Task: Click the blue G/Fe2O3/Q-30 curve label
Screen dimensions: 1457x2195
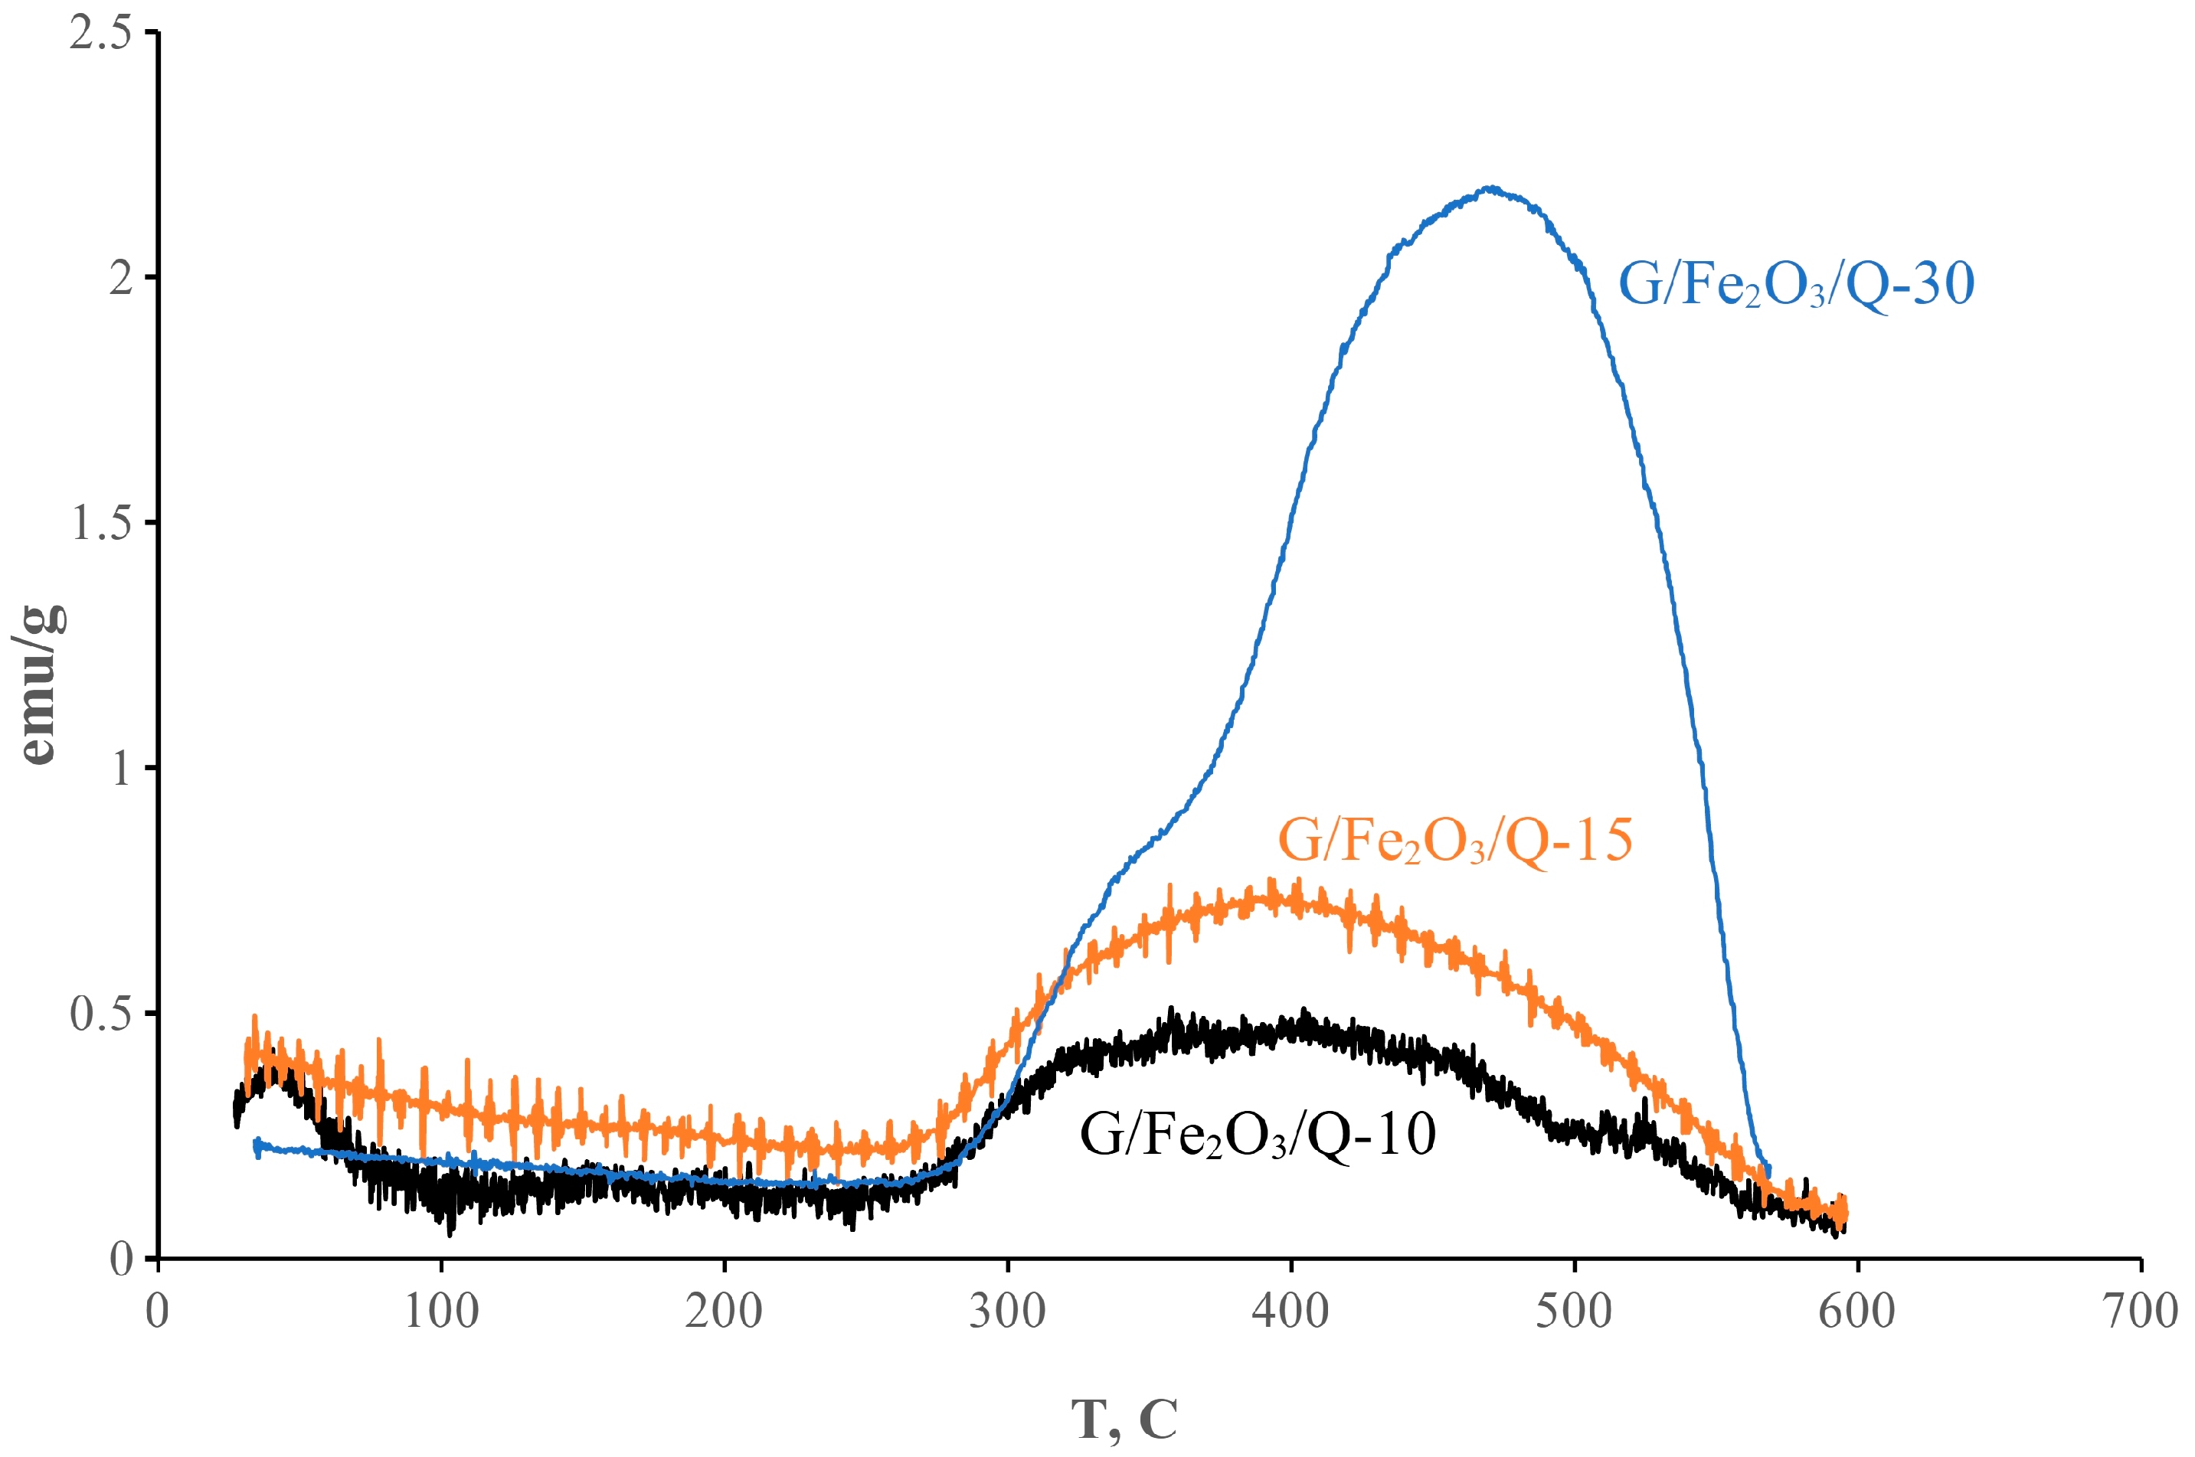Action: point(1795,284)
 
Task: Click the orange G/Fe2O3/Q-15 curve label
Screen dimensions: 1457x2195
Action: point(1454,841)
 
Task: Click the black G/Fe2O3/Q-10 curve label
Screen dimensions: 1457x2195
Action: point(1258,1135)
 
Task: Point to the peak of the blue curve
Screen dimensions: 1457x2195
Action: point(1490,188)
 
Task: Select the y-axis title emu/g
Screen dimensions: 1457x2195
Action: point(39,684)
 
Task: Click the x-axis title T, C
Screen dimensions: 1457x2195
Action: point(1124,1419)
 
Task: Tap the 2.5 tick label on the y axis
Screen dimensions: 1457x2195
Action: point(100,34)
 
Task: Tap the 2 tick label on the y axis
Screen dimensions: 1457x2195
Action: point(121,278)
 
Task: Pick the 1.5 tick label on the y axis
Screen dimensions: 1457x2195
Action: point(100,523)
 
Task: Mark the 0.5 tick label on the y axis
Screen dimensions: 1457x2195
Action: point(100,1014)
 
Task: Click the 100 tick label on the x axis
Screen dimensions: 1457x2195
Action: point(441,1311)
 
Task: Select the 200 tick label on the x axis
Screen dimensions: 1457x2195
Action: point(724,1311)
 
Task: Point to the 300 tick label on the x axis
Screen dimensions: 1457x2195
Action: point(1007,1311)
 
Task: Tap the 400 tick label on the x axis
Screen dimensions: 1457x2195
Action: point(1291,1311)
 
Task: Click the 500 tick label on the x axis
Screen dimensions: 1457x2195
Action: point(1574,1311)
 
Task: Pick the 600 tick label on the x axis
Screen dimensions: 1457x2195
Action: point(1856,1311)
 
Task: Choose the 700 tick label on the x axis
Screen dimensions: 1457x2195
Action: point(2139,1311)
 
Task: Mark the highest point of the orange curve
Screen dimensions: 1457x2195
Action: point(1271,880)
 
